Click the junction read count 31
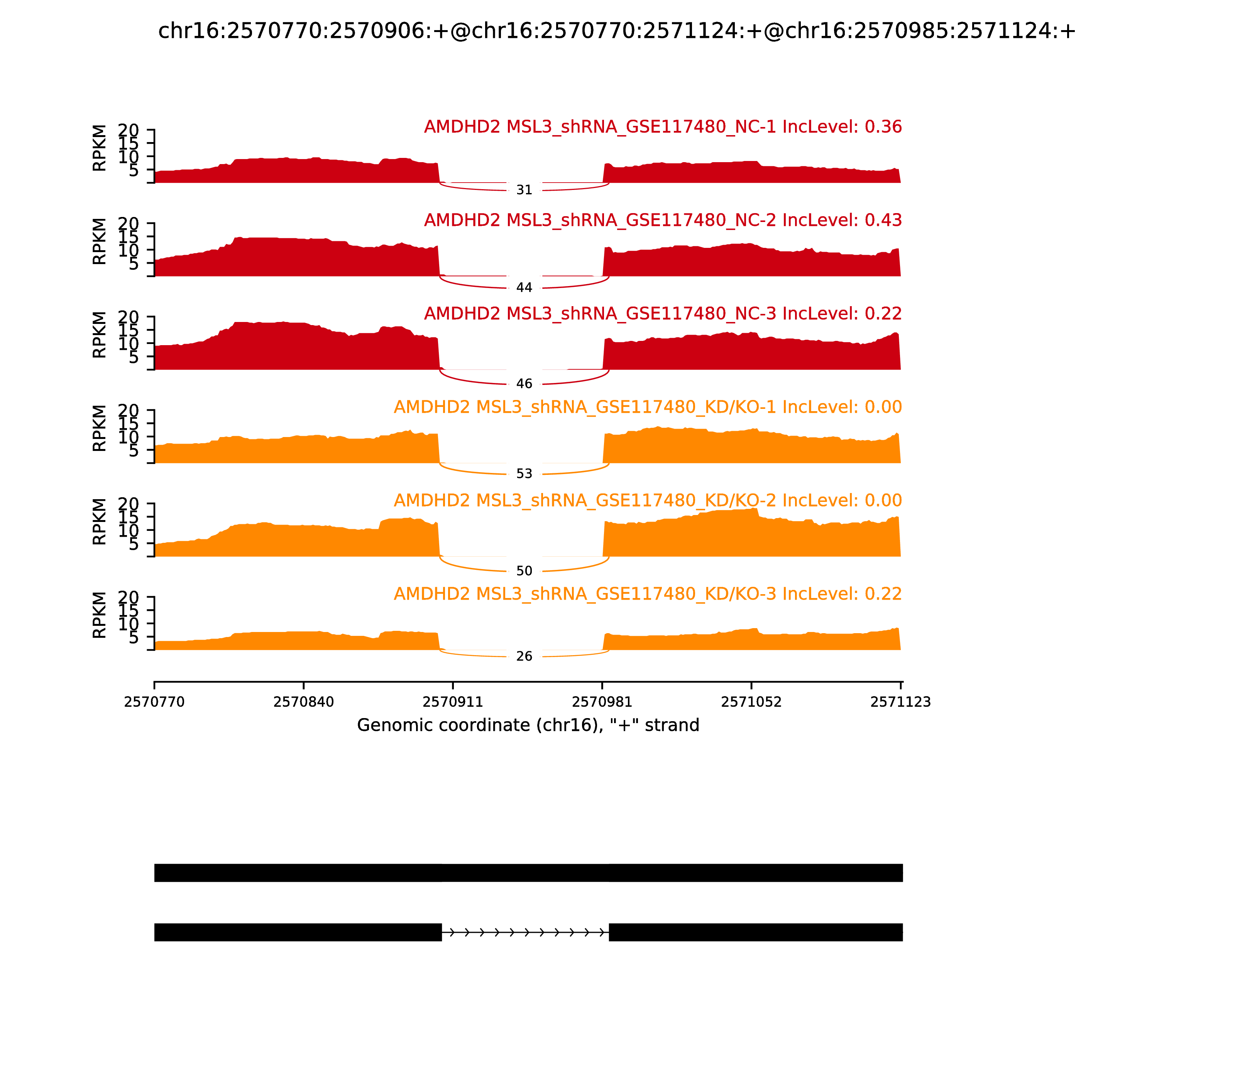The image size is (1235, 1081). tap(524, 190)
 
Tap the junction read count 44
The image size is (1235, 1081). tap(524, 288)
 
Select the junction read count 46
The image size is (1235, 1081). tap(524, 384)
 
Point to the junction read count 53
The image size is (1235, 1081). tap(524, 474)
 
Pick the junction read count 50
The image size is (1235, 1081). tap(524, 571)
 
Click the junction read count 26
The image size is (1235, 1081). tap(524, 656)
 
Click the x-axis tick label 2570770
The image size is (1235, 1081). tap(154, 702)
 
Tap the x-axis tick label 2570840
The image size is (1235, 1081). tap(303, 702)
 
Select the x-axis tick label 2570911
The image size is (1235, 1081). tap(453, 702)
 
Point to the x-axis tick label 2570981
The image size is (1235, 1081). tap(602, 702)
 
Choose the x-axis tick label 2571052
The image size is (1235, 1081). tap(751, 702)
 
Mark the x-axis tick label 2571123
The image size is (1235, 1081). tap(900, 702)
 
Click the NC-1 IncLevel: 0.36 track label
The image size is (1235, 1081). tap(663, 127)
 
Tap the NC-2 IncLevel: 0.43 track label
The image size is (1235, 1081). tap(663, 221)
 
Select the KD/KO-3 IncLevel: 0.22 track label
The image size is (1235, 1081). tap(648, 594)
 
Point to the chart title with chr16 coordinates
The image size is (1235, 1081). tap(617, 31)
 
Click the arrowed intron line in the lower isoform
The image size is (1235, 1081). tap(524, 933)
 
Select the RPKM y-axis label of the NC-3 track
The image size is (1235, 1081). tap(100, 335)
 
